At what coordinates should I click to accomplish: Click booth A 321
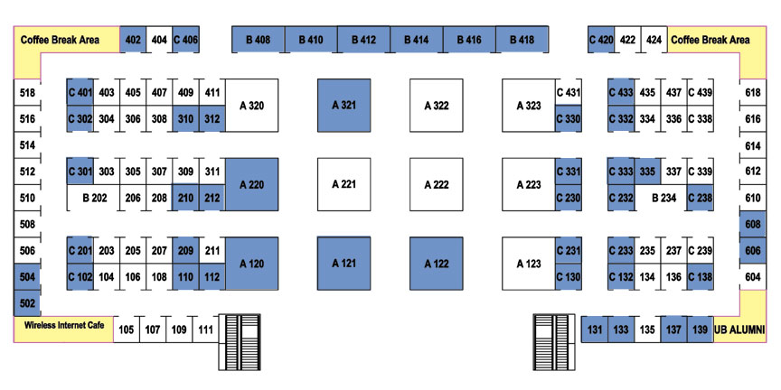click(x=344, y=106)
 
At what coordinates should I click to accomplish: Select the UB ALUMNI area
click(x=739, y=330)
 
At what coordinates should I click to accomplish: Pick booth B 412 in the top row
click(x=363, y=40)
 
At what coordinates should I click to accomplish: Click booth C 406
click(x=186, y=40)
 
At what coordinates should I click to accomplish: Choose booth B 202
click(x=94, y=198)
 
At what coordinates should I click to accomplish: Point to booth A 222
click(x=437, y=184)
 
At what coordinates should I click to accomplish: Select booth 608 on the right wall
click(x=753, y=225)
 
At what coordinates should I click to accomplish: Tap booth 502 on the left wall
click(x=27, y=303)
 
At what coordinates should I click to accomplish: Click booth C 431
click(x=569, y=92)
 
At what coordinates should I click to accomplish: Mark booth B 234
click(x=661, y=198)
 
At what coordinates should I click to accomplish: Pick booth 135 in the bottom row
click(x=647, y=330)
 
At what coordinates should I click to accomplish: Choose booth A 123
click(x=529, y=264)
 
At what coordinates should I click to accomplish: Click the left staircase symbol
click(x=240, y=342)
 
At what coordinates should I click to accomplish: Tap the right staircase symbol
click(x=554, y=342)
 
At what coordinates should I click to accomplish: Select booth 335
click(x=647, y=172)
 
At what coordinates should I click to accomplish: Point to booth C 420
click(x=601, y=40)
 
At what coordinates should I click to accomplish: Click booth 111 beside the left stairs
click(x=205, y=330)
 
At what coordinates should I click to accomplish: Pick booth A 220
click(x=251, y=184)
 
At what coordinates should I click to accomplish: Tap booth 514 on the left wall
click(x=27, y=145)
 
